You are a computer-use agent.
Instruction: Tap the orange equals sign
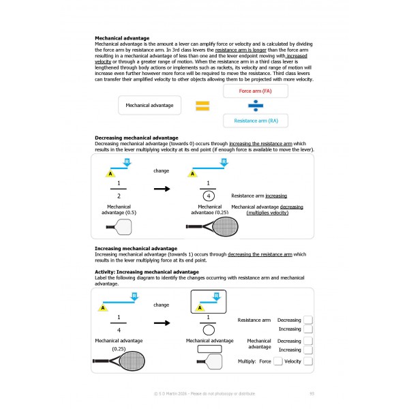click(x=202, y=106)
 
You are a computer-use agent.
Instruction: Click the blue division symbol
click(x=254, y=106)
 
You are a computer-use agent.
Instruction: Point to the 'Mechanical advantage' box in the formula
click(x=150, y=106)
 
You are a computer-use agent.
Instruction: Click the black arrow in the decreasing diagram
click(x=161, y=189)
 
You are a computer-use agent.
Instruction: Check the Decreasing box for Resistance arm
click(x=307, y=320)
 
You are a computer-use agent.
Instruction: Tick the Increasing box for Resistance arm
click(x=307, y=329)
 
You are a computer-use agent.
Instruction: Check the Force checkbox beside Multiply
click(x=277, y=361)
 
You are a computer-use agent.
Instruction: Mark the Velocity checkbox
click(x=307, y=361)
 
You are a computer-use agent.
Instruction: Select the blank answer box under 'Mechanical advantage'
click(x=209, y=349)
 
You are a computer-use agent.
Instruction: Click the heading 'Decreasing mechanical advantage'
click(x=136, y=138)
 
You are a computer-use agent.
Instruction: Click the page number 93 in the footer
click(x=312, y=393)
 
